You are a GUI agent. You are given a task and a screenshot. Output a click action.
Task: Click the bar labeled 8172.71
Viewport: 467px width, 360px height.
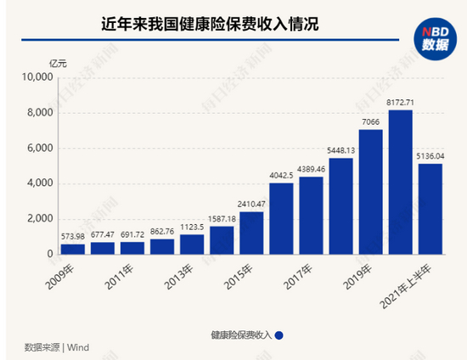click(x=400, y=183)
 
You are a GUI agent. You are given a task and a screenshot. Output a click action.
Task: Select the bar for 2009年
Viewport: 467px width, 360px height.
click(x=73, y=250)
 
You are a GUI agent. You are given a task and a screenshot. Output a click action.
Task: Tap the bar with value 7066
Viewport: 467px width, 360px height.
click(x=370, y=192)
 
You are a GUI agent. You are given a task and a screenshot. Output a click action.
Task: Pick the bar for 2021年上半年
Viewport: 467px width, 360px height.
click(x=430, y=209)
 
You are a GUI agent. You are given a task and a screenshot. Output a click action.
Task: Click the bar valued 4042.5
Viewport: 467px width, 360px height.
click(x=281, y=219)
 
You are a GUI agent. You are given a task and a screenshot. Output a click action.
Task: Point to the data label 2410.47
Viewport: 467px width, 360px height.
click(x=251, y=205)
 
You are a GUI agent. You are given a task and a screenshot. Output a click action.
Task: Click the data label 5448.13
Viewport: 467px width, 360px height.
click(x=341, y=150)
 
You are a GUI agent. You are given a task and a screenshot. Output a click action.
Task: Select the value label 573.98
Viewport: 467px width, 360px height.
click(x=73, y=236)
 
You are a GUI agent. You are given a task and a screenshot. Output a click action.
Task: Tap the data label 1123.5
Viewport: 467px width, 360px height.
click(x=192, y=228)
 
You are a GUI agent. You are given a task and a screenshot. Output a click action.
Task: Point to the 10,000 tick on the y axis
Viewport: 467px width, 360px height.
click(x=37, y=77)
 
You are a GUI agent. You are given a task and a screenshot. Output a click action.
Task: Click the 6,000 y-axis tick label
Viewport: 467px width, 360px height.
click(x=40, y=148)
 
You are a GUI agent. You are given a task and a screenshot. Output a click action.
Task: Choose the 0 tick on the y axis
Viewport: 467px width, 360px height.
click(x=50, y=254)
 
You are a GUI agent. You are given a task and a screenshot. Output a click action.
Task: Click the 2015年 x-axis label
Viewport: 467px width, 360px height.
click(x=238, y=277)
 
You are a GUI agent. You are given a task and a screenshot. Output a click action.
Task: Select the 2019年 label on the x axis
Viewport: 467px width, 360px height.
click(x=357, y=277)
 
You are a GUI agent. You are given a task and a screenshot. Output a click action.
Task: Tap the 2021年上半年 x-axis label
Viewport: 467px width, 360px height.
click(x=405, y=287)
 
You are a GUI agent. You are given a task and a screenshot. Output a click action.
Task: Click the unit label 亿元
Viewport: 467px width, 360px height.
click(x=58, y=64)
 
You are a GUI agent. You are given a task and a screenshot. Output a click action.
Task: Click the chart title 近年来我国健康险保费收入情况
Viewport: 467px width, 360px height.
click(x=210, y=24)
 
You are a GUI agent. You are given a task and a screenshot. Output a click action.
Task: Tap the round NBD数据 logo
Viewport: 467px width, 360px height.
click(x=435, y=39)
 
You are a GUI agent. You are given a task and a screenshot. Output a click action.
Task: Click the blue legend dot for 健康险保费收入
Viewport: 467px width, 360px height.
click(x=279, y=335)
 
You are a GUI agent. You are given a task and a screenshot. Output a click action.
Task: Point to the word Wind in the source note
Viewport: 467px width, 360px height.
click(x=78, y=347)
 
